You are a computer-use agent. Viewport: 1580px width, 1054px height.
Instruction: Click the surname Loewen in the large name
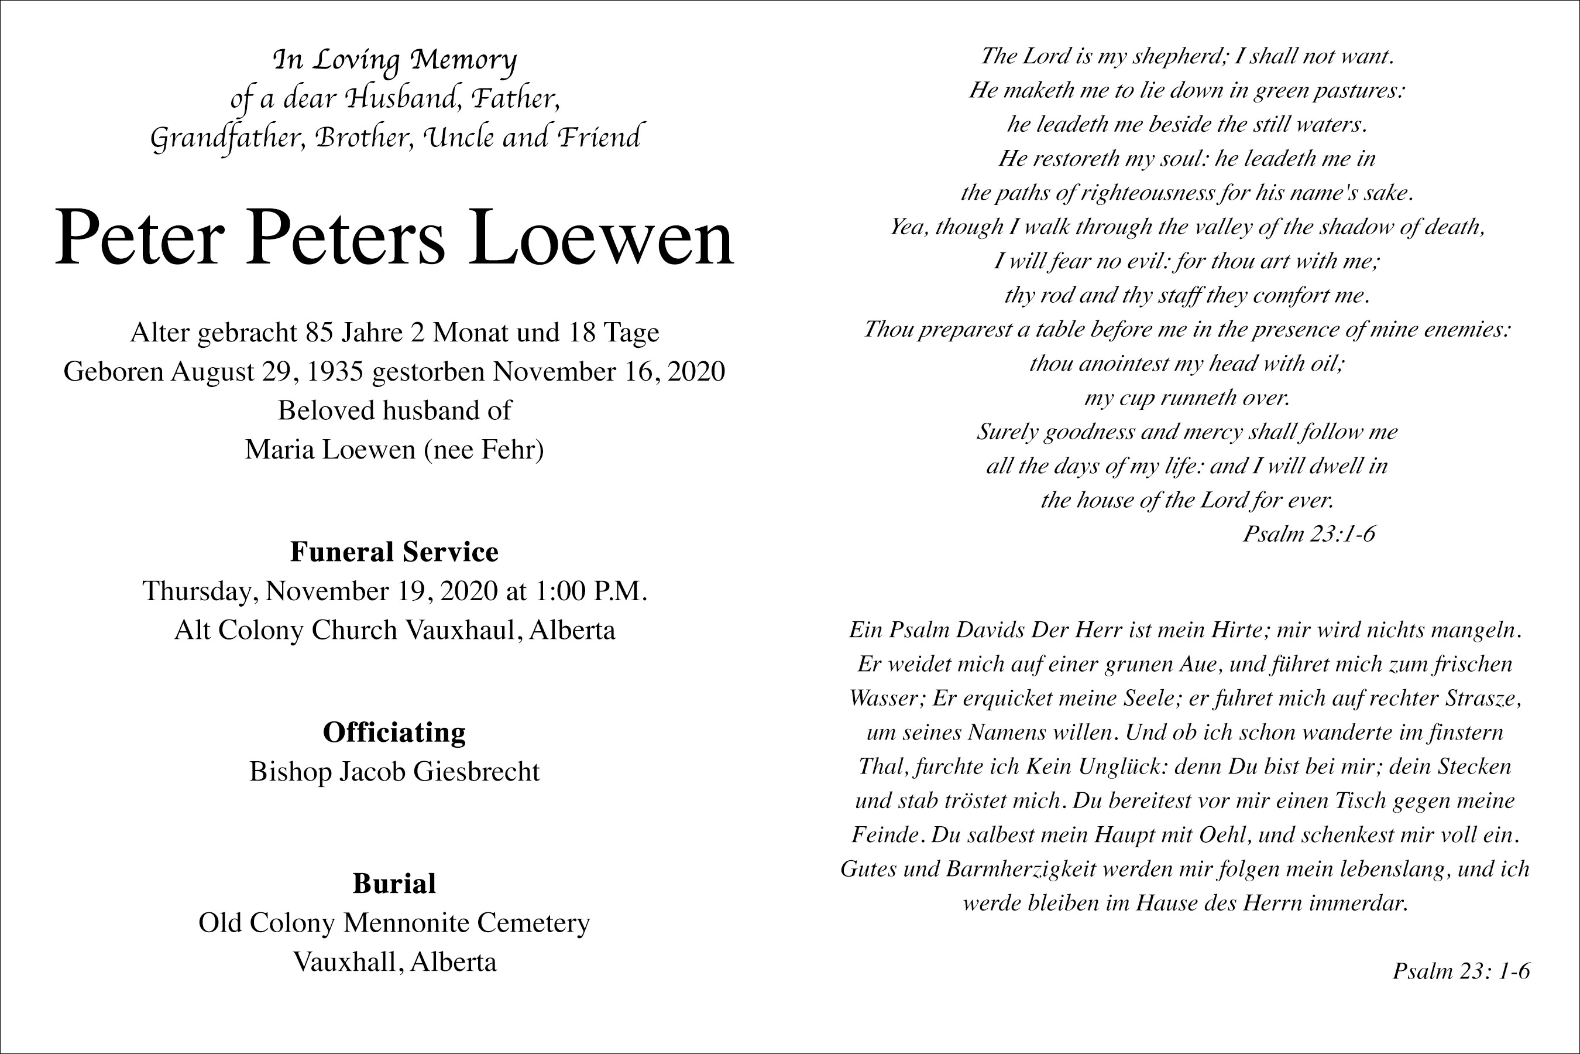[x=600, y=239]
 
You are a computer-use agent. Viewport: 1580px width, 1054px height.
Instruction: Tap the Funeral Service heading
[x=394, y=552]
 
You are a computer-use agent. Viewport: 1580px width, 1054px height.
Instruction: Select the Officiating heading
[x=394, y=732]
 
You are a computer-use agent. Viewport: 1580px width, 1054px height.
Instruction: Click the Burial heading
[x=394, y=883]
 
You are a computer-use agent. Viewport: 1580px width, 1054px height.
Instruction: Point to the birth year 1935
[x=335, y=372]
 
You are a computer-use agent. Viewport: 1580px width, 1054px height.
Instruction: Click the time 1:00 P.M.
[x=590, y=591]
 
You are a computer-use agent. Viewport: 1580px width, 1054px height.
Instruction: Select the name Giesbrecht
[x=476, y=771]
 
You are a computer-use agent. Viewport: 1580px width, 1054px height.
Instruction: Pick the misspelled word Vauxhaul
[x=461, y=630]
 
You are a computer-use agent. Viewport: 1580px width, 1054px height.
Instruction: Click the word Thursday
[x=199, y=591]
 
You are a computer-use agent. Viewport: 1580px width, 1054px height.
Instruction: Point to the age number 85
[x=320, y=333]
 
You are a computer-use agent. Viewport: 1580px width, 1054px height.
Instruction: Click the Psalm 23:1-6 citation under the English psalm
[x=1308, y=533]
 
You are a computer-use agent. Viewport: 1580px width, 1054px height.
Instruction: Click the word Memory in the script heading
[x=463, y=60]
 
